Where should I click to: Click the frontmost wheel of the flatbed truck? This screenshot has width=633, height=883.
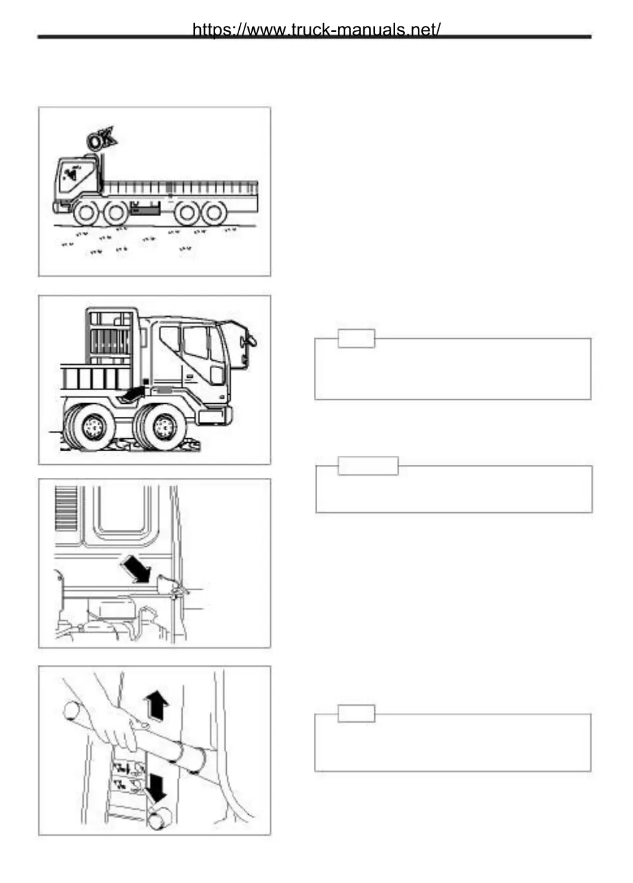pos(86,212)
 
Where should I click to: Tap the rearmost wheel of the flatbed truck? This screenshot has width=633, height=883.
pos(214,213)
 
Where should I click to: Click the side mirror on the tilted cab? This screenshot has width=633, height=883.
pos(247,340)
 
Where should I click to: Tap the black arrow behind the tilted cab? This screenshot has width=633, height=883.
pos(133,393)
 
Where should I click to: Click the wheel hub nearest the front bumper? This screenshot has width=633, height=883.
pos(165,427)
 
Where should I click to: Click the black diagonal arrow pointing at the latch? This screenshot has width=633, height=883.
pos(135,570)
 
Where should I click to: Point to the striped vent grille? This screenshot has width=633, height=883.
pos(66,508)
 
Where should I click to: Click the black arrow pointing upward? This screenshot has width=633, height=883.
pos(157,705)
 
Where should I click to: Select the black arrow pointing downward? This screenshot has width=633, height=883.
pos(157,787)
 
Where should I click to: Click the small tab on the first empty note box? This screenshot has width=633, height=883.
pos(356,338)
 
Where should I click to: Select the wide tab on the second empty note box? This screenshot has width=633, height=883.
pos(368,466)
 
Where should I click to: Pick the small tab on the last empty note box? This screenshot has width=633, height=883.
pos(356,713)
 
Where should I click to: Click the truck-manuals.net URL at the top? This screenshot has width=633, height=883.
pos(316,30)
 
